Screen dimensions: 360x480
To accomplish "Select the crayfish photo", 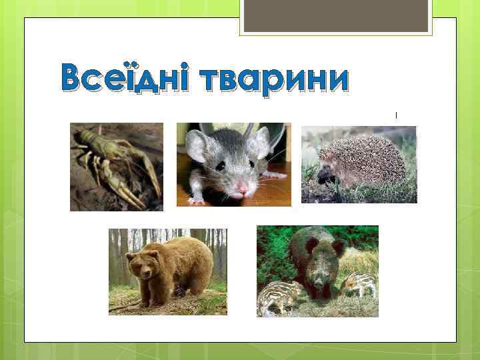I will point(117,167).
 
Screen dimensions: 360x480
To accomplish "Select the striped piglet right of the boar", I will point(360,283).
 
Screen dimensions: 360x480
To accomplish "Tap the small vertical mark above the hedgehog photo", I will point(397,115).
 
